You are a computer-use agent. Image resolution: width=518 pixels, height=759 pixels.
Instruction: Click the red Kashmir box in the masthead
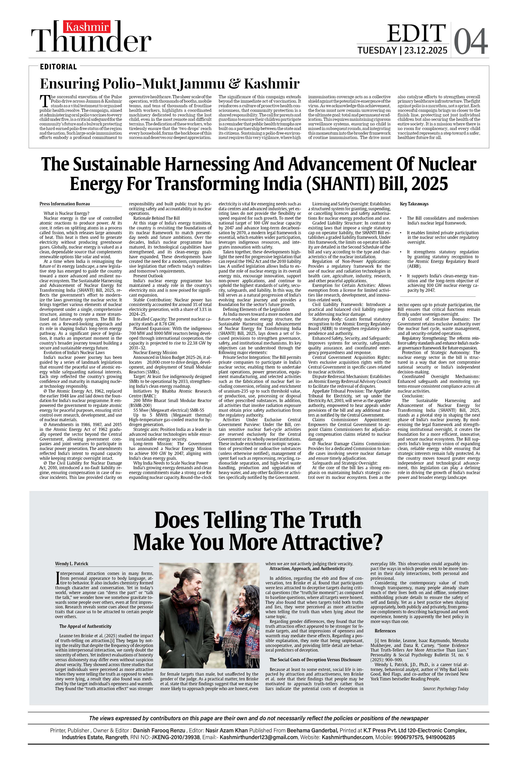(x=86, y=27)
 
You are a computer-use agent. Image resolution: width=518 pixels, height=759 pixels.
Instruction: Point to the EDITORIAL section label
(x=58, y=67)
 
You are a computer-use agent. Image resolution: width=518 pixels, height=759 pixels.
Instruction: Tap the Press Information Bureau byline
(x=65, y=204)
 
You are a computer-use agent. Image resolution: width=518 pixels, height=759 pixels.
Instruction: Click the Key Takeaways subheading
(x=414, y=204)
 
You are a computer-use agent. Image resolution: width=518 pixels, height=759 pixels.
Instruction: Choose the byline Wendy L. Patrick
(x=71, y=564)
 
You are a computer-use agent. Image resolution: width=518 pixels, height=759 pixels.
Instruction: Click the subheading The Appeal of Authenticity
(x=85, y=626)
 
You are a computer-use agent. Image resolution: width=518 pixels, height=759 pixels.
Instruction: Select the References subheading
(x=385, y=631)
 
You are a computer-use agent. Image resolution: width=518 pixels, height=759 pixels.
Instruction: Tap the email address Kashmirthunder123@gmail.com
(x=259, y=737)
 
